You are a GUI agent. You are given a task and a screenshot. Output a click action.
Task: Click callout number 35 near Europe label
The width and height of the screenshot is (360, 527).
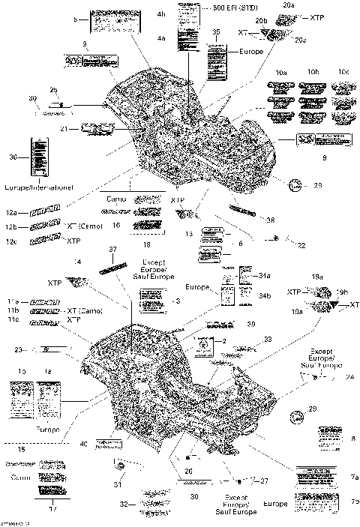[216, 32]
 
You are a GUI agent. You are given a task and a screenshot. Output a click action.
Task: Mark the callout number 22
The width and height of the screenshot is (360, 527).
[301, 245]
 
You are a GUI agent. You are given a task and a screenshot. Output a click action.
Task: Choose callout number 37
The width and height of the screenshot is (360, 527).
[113, 250]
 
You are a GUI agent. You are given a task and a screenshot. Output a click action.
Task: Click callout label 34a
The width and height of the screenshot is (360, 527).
[264, 276]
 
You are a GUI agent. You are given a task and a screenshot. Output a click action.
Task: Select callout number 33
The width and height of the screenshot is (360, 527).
[268, 339]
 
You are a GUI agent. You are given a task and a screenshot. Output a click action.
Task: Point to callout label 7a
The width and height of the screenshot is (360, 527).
[352, 476]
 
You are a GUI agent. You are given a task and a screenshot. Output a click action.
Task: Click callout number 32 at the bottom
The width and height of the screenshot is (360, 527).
[124, 504]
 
